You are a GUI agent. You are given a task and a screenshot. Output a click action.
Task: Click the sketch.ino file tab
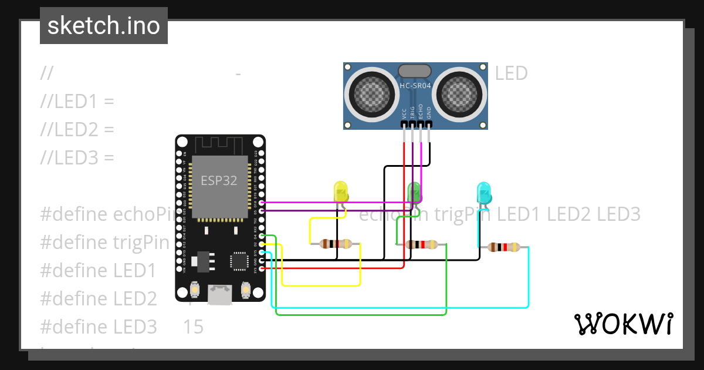point(103,26)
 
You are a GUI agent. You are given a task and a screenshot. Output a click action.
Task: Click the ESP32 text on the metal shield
point(219,180)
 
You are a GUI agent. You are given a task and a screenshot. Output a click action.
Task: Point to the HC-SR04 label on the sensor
point(415,86)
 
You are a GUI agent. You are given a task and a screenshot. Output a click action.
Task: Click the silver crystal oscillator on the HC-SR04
point(415,71)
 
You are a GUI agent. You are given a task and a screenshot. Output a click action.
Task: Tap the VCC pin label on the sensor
point(404,113)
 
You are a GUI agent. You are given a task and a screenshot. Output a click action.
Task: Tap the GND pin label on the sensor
point(429,113)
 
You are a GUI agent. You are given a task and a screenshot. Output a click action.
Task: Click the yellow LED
point(341,192)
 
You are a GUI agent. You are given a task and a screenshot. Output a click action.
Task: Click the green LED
point(414,191)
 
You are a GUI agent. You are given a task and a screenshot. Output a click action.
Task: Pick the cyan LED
point(483,193)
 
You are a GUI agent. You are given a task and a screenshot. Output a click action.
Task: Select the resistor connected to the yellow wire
point(336,244)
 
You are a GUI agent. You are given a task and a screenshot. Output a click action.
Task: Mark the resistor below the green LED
point(421,245)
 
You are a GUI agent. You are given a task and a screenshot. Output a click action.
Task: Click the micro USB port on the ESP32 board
point(221,294)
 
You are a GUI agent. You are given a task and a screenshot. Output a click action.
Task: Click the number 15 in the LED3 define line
point(193,327)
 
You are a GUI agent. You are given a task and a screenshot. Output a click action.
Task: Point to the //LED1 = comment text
point(77,102)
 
